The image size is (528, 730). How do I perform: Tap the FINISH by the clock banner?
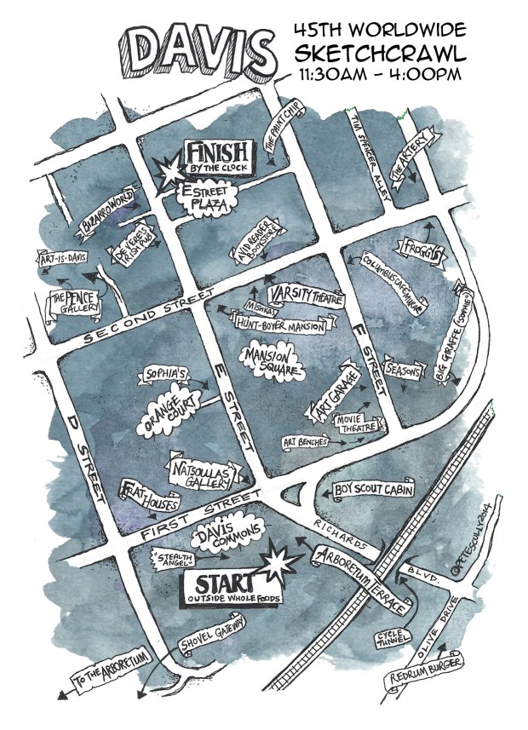point(220,158)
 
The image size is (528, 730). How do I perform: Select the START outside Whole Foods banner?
point(226,589)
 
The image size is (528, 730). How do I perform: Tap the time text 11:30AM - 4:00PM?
point(380,74)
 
